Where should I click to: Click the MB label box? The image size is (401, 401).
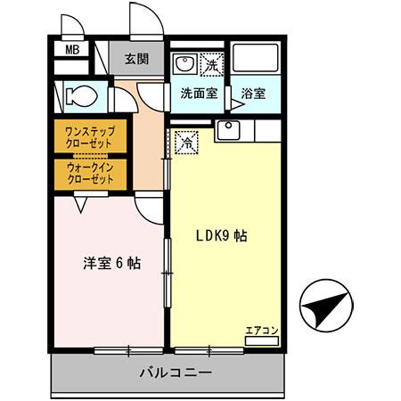pos(72,50)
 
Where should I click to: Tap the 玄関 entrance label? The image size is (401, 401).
pos(136,60)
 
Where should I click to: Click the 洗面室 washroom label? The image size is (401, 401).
pos(199,92)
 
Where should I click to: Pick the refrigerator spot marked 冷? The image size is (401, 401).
pos(187,140)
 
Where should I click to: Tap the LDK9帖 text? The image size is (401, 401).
pos(221,237)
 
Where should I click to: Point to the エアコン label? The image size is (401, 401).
pos(262,331)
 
